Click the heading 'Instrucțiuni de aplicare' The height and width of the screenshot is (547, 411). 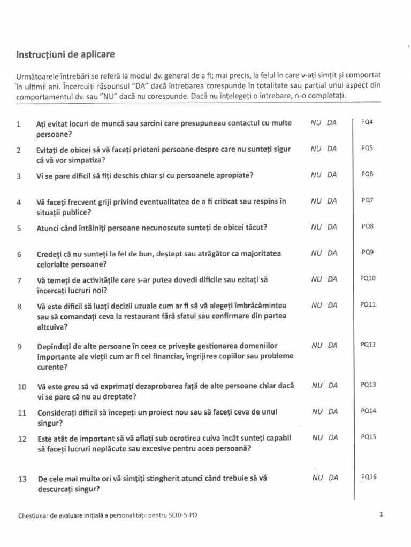point(65,54)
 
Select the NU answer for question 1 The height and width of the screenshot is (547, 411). point(316,123)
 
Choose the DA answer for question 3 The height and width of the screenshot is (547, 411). point(332,175)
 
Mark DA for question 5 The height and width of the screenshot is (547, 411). point(332,226)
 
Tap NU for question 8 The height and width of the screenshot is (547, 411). point(316,305)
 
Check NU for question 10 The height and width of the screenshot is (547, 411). point(316,385)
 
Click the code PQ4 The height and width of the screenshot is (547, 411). point(367,122)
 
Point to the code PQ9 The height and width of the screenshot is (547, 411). point(368,252)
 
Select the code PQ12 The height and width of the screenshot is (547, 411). point(369,345)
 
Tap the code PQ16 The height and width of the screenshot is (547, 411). point(369,476)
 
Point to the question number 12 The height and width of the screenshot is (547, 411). point(22,439)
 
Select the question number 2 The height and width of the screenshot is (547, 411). point(19,151)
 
